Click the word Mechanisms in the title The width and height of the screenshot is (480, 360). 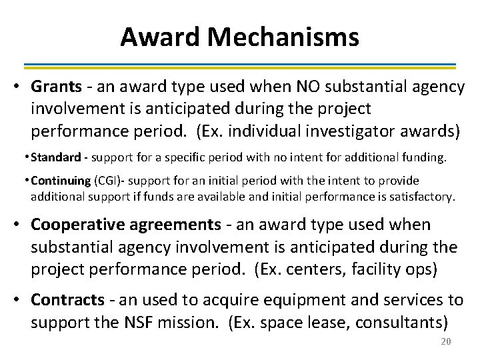point(283,37)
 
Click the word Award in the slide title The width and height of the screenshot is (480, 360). point(161,37)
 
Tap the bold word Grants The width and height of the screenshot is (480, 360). point(56,87)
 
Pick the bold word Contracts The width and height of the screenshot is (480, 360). point(67,301)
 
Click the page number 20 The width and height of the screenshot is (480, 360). point(446,342)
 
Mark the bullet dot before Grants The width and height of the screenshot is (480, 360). point(21,87)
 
